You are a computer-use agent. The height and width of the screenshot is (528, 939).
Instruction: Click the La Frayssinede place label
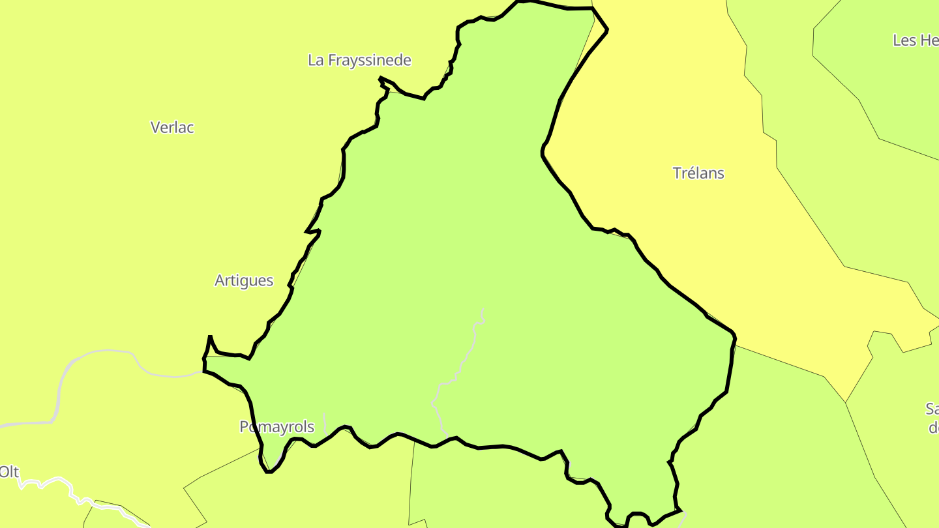click(359, 61)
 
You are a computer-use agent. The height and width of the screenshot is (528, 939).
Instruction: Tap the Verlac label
click(172, 127)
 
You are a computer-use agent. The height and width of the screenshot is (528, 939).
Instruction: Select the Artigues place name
click(244, 280)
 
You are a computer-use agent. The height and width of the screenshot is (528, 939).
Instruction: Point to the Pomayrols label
click(276, 427)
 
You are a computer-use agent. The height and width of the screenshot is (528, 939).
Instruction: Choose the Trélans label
click(698, 173)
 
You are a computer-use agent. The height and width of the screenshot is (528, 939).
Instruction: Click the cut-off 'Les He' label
click(916, 40)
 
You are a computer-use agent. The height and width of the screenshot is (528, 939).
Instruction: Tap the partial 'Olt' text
click(9, 471)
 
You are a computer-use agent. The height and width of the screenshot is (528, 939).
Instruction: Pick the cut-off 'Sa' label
click(932, 409)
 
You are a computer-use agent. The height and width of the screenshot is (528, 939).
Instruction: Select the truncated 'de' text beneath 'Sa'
click(933, 428)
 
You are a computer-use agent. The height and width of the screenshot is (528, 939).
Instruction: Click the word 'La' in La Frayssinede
click(316, 61)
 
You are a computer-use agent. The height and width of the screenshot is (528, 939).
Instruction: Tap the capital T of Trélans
click(677, 173)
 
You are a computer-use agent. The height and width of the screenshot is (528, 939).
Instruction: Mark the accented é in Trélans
click(690, 173)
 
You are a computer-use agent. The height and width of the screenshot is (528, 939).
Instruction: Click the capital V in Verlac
click(155, 127)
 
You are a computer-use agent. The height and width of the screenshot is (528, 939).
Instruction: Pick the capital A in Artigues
click(220, 280)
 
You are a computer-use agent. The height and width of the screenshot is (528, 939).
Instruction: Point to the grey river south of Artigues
click(104, 352)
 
